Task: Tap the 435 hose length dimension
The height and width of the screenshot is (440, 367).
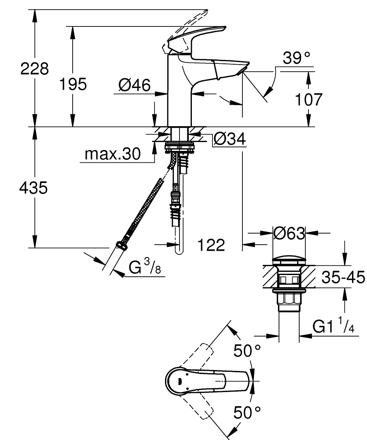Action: pyautogui.click(x=34, y=188)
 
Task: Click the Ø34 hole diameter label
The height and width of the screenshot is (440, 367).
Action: pyautogui.click(x=229, y=139)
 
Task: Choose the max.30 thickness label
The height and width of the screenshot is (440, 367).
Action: pyautogui.click(x=112, y=154)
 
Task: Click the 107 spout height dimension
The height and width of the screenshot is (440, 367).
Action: pyautogui.click(x=308, y=99)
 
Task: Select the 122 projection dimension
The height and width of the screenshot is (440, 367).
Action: pyautogui.click(x=211, y=245)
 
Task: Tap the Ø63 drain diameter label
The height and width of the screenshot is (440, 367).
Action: pyautogui.click(x=289, y=233)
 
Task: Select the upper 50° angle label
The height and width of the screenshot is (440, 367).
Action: pyautogui.click(x=247, y=351)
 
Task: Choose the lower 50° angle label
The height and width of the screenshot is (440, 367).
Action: pyautogui.click(x=247, y=412)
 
